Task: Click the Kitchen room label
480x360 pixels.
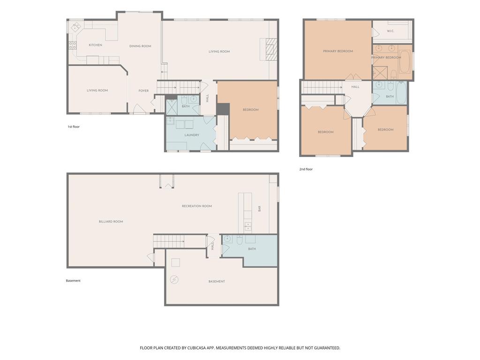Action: pos(96,45)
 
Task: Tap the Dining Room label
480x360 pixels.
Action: pos(140,46)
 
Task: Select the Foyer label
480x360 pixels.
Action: pos(143,90)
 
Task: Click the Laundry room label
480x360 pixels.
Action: pos(192,135)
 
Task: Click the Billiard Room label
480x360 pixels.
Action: pos(111,222)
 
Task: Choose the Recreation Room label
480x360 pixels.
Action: pos(197,206)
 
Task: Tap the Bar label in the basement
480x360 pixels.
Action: pos(260,209)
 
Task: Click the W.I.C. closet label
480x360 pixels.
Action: pos(390,31)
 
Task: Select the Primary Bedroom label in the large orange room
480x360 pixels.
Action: pos(338,52)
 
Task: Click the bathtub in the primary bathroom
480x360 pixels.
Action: pos(405,61)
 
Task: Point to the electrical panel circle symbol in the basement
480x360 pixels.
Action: pos(174,279)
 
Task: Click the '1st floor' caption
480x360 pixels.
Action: pos(74,127)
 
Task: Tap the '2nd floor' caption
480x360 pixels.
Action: pos(306,169)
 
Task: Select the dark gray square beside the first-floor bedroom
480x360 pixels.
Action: pos(223,109)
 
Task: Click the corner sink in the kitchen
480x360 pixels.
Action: pos(75,28)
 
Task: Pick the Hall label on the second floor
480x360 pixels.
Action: pos(355,87)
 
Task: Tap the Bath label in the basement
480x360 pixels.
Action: pos(252,249)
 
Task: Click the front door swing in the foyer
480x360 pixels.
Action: pos(137,108)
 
